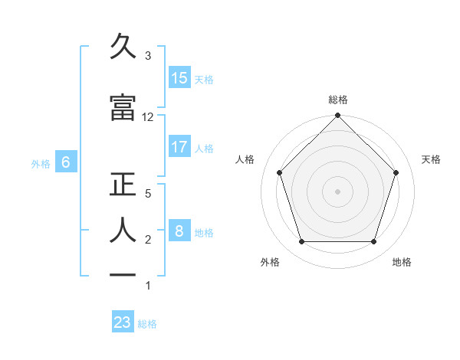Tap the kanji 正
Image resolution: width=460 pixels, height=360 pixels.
click(123, 186)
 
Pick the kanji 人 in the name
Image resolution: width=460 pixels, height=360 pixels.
click(123, 229)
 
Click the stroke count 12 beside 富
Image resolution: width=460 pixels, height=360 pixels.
click(148, 117)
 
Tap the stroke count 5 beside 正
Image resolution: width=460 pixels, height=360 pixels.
click(148, 195)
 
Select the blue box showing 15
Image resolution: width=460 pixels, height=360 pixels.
click(179, 77)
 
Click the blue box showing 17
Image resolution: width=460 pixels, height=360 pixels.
click(179, 147)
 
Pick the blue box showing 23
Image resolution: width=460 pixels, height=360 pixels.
click(123, 322)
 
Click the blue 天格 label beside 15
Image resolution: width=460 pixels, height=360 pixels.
click(203, 79)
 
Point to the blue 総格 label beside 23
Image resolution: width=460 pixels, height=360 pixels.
click(147, 324)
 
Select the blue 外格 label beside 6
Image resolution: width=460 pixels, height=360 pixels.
click(41, 163)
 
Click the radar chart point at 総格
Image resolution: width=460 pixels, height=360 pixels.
click(337, 116)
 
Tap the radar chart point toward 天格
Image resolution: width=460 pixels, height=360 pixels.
click(396, 172)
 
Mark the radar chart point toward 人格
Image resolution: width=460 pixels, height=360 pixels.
click(279, 172)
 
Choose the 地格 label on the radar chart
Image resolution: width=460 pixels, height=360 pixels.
click(402, 262)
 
